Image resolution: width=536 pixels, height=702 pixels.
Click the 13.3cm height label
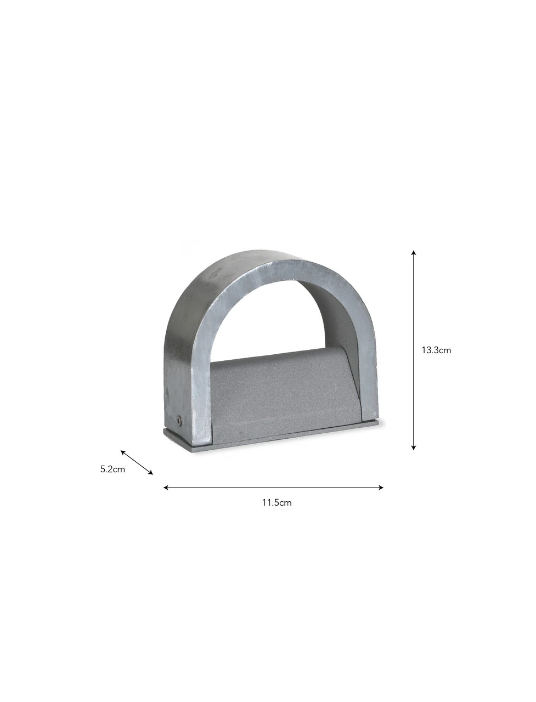436,350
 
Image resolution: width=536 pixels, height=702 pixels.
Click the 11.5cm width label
277,503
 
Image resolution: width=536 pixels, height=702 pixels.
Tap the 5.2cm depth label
112,469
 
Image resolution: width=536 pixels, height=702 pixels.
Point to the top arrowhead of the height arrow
414,252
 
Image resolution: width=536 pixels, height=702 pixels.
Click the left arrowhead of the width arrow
166,488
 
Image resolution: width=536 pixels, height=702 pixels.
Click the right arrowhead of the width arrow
381,488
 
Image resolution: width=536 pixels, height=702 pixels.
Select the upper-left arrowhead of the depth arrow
123,452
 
